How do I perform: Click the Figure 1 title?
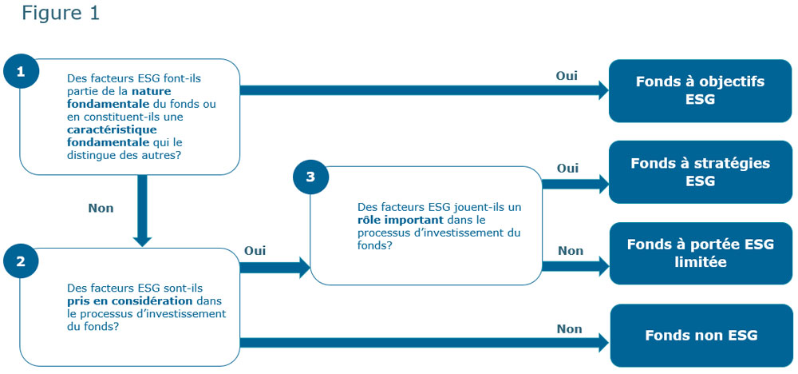pyautogui.click(x=61, y=14)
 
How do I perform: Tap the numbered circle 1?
pyautogui.click(x=20, y=71)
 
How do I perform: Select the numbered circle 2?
pyautogui.click(x=20, y=260)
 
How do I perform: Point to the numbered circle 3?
pyautogui.click(x=310, y=178)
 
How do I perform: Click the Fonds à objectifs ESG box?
pyautogui.click(x=700, y=90)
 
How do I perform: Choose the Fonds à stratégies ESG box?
pyautogui.click(x=700, y=172)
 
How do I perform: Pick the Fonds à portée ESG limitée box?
pyautogui.click(x=700, y=253)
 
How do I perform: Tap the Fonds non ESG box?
pyautogui.click(x=701, y=335)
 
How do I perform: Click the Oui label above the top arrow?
pyautogui.click(x=567, y=76)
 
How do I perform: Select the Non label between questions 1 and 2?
pyautogui.click(x=101, y=208)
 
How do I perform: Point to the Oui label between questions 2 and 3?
pyautogui.click(x=255, y=251)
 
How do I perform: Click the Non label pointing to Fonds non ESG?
pyautogui.click(x=569, y=328)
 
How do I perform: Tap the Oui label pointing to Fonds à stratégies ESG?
pyautogui.click(x=567, y=169)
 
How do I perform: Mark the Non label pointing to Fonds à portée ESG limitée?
pyautogui.click(x=571, y=251)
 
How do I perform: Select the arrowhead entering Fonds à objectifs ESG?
pyautogui.click(x=601, y=90)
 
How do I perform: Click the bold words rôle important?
pyautogui.click(x=397, y=219)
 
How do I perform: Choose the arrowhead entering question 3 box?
pyautogui.click(x=303, y=268)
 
